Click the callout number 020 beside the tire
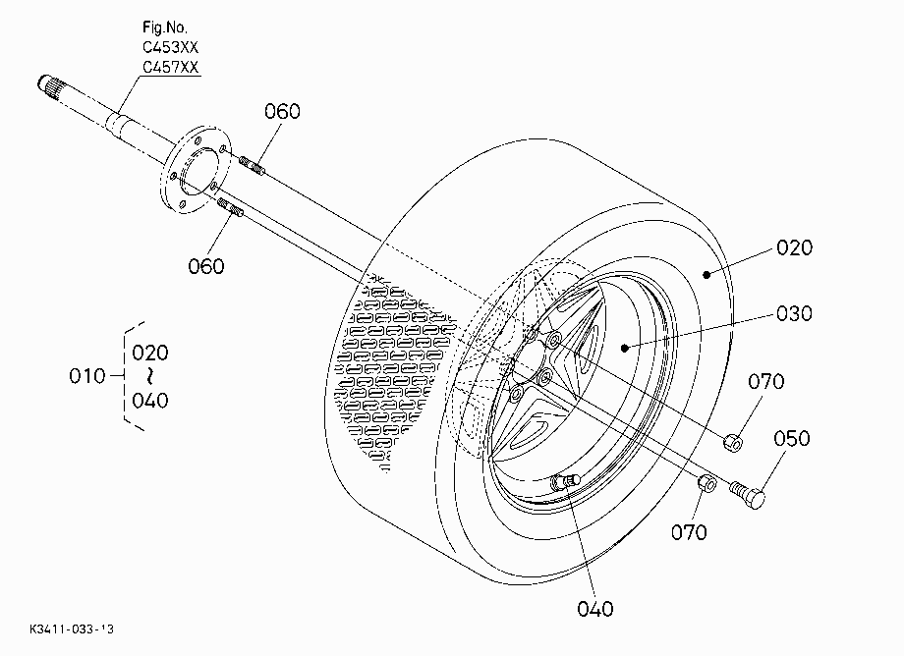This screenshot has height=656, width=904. pyautogui.click(x=794, y=247)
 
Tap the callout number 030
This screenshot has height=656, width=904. pyautogui.click(x=794, y=313)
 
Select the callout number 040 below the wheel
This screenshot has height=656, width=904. pyautogui.click(x=595, y=609)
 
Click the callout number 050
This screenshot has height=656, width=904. pyautogui.click(x=792, y=438)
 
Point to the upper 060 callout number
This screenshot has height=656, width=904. pyautogui.click(x=283, y=111)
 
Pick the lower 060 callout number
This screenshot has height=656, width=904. pyautogui.click(x=205, y=266)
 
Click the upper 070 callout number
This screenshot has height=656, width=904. pyautogui.click(x=766, y=381)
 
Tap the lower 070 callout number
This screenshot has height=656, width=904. pyautogui.click(x=689, y=532)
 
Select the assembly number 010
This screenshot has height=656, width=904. pyautogui.click(x=87, y=376)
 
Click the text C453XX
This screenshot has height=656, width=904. pyautogui.click(x=170, y=47)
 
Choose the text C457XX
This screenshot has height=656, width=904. pyautogui.click(x=170, y=67)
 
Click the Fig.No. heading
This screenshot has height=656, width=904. pyautogui.click(x=165, y=27)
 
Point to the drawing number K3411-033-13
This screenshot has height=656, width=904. pyautogui.click(x=72, y=629)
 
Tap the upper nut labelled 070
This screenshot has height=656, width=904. pyautogui.click(x=733, y=443)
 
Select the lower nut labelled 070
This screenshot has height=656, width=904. pyautogui.click(x=707, y=484)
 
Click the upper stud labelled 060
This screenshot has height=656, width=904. pyautogui.click(x=252, y=165)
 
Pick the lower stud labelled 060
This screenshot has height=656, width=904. pyautogui.click(x=230, y=207)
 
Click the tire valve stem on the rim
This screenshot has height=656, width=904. pyautogui.click(x=565, y=481)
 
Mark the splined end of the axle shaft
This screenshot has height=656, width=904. pyautogui.click(x=52, y=88)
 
